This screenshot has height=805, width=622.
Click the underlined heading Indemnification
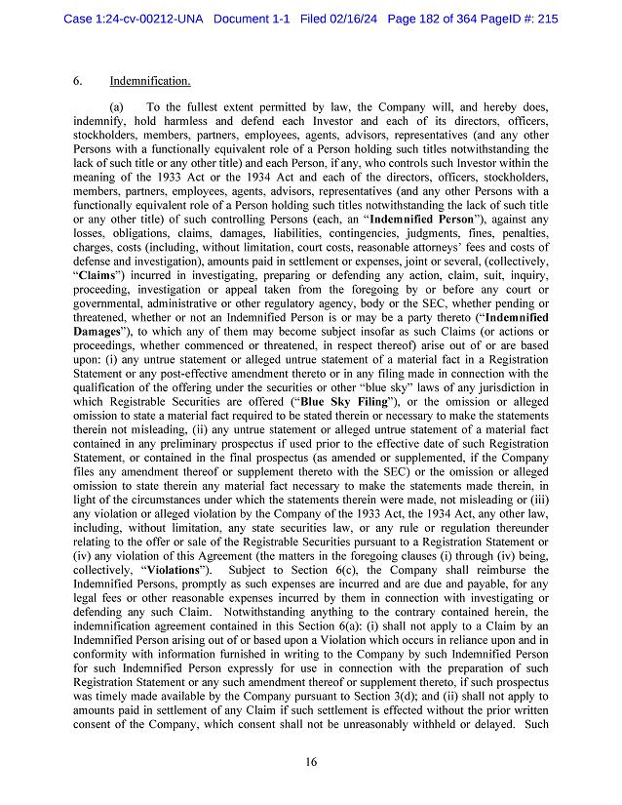pos(150,80)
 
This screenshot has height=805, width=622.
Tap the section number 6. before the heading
pos(78,80)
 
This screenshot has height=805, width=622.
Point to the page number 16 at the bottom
pos(310,761)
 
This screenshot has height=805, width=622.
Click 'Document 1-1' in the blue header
pos(253,19)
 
